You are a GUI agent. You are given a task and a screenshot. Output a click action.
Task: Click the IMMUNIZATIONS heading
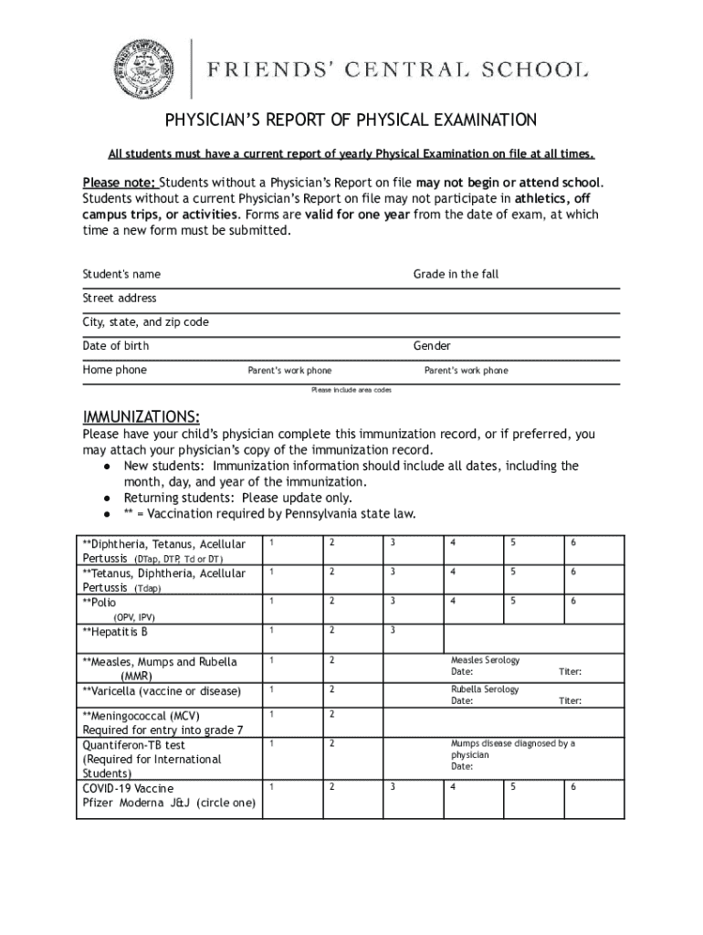[142, 417]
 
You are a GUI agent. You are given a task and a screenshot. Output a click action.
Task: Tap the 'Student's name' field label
[121, 275]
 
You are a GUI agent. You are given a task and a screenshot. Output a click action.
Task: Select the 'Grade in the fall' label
[456, 275]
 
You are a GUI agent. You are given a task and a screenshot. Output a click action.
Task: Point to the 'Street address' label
[120, 299]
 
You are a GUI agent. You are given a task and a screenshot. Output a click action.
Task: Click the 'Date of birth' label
[116, 346]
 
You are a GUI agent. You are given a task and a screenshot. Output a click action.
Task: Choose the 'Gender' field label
[432, 346]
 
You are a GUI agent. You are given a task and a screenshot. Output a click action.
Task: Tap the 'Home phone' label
[114, 370]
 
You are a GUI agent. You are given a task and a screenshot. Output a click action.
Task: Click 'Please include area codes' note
[351, 390]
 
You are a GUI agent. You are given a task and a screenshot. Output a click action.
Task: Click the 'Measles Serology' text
[485, 660]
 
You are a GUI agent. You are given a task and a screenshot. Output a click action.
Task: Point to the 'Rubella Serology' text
[485, 689]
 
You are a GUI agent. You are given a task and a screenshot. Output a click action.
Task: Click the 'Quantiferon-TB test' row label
[133, 745]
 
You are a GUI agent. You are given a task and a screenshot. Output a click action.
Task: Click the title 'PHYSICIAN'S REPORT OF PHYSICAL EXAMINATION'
[351, 121]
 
